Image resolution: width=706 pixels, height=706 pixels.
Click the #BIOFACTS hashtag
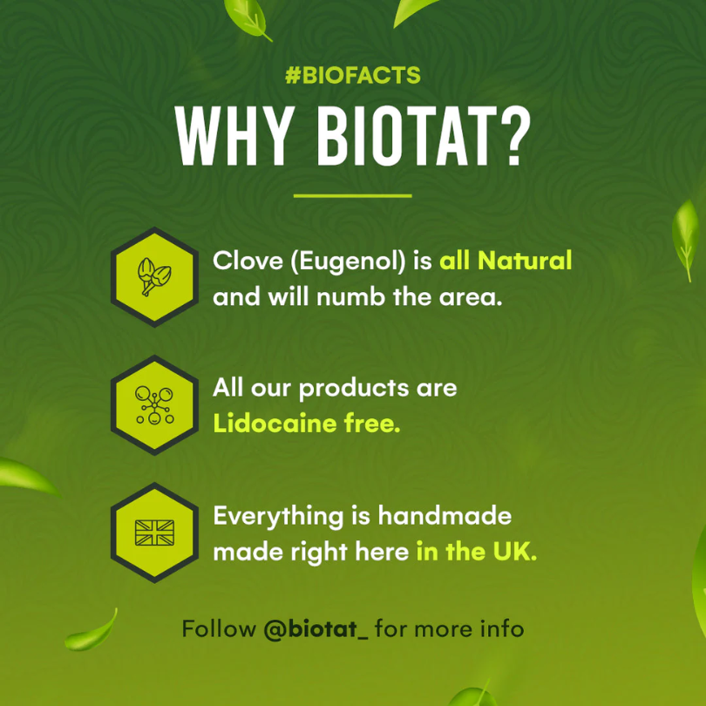352,76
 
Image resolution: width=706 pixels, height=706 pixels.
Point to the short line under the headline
352,195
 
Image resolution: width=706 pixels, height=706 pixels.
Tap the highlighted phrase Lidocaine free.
308,424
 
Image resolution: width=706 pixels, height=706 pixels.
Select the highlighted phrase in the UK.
477,552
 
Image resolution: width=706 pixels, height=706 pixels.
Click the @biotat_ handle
316,628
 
